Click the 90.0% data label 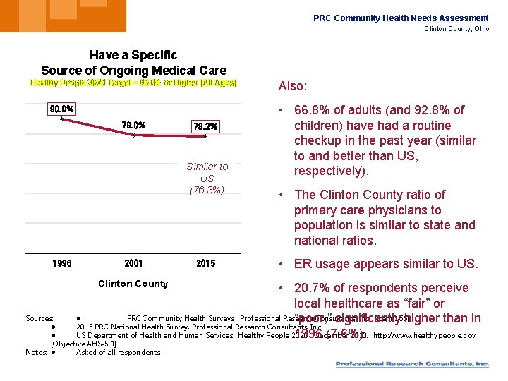point(61,109)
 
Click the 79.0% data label point(133,126)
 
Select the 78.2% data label point(205,127)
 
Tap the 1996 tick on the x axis point(62,264)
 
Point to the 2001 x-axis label point(133,264)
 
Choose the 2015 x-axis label point(205,264)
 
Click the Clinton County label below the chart point(133,284)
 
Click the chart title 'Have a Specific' point(133,55)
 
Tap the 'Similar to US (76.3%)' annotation point(207,178)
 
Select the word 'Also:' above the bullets point(293,86)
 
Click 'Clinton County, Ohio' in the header point(456,29)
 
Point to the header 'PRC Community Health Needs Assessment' point(401,18)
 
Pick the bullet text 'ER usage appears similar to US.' point(386,264)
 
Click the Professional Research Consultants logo point(412,364)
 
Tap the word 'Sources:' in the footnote point(39,319)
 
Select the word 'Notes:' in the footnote point(37,352)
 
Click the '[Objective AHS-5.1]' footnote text point(83,344)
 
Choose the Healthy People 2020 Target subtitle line point(133,83)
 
